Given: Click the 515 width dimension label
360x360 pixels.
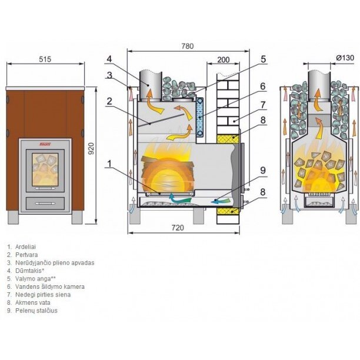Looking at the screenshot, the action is [45, 59].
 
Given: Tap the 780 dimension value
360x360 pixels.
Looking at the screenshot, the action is [188, 46].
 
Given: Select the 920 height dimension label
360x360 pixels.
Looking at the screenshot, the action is [91, 149].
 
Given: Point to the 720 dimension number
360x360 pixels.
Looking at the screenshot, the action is [178, 228].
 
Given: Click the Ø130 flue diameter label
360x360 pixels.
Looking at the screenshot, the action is [345, 58].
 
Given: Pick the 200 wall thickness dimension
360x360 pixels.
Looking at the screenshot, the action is [223, 59].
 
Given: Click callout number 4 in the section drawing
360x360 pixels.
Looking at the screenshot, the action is [109, 59].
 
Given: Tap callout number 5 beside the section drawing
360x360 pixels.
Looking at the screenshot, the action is [263, 59].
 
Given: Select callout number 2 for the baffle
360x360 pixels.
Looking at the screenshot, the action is [109, 101].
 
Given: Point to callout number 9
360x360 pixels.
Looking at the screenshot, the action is [263, 171].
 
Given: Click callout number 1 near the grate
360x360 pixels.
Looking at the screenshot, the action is [109, 164].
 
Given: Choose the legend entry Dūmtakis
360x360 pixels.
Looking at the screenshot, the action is [29, 271].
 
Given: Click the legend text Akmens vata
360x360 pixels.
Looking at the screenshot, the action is [33, 302].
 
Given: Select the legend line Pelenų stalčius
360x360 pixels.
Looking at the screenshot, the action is [36, 311].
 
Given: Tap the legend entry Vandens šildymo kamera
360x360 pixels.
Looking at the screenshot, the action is [50, 286].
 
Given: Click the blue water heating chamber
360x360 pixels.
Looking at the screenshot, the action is [200, 117].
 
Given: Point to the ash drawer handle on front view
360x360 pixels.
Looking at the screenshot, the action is [45, 204].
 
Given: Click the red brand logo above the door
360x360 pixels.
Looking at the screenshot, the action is [45, 145].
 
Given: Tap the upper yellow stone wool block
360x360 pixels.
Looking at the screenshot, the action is [227, 138].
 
